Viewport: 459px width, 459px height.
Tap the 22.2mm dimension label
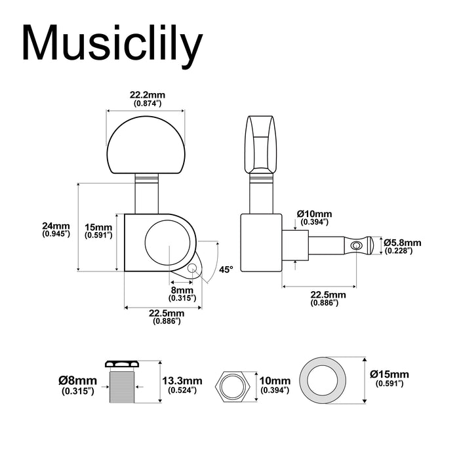pyautogui.click(x=148, y=95)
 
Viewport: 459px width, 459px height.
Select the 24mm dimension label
pyautogui.click(x=56, y=226)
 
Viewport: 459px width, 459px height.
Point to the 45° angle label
pyautogui.click(x=226, y=269)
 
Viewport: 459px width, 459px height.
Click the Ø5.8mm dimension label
pyautogui.click(x=403, y=243)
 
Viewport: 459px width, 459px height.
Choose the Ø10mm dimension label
pyautogui.click(x=314, y=214)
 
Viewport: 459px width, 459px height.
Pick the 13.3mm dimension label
pyautogui.click(x=182, y=380)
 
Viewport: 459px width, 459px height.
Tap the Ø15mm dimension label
pyautogui.click(x=389, y=374)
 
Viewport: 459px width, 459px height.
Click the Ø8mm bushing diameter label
pyautogui.click(x=77, y=380)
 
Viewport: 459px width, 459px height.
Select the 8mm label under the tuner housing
pyautogui.click(x=182, y=290)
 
